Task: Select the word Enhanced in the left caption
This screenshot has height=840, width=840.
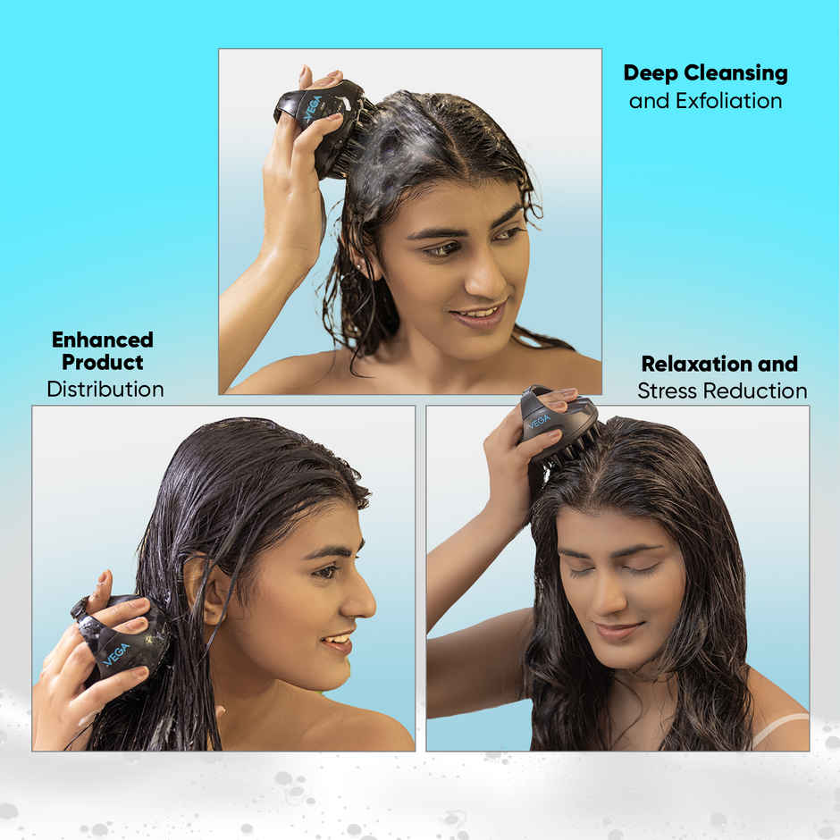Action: [x=103, y=340]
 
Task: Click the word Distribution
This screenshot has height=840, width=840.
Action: [x=105, y=390]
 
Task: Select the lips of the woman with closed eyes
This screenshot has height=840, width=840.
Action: [x=619, y=631]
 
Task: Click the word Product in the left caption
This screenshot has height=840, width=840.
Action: [x=103, y=363]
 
